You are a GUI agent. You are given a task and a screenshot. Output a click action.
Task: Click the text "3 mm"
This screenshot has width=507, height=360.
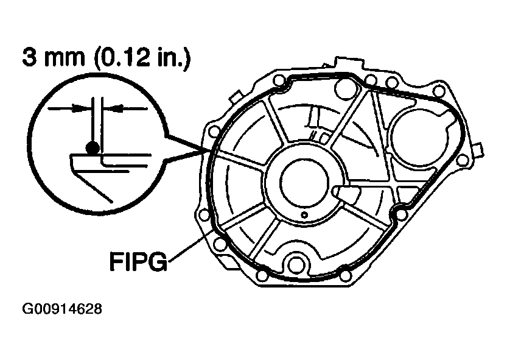click(54, 58)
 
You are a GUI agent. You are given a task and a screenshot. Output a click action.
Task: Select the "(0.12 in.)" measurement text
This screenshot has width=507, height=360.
click(142, 58)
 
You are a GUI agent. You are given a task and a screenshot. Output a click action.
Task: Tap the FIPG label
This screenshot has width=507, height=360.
click(138, 261)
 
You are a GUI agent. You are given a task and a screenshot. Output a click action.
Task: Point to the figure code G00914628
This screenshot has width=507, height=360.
click(62, 309)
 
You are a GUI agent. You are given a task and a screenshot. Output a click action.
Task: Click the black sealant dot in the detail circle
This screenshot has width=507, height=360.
click(93, 148)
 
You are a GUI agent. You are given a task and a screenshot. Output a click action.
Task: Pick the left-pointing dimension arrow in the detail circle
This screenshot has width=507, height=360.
click(127, 108)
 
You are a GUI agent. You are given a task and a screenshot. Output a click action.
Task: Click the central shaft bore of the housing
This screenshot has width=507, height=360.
click(304, 183)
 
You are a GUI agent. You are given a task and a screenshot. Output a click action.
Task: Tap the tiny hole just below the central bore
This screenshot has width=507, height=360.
click(304, 214)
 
